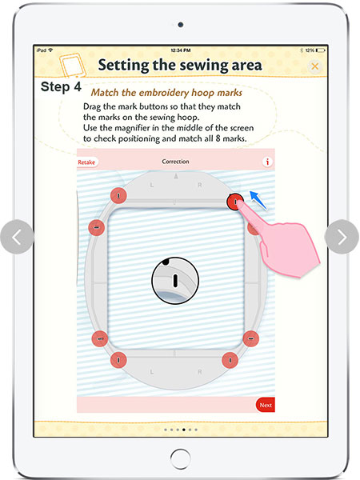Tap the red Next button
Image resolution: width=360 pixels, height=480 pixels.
265,405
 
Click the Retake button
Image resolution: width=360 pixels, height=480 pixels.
87,162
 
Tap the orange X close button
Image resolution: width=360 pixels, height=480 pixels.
314,66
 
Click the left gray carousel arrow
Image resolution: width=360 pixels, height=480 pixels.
17,237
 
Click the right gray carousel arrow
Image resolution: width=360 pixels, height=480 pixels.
342,237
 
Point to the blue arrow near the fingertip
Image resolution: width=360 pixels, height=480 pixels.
258,200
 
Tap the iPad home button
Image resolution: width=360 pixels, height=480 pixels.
180,459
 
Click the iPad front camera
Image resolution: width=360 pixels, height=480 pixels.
181,25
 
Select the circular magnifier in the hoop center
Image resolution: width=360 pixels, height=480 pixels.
175,281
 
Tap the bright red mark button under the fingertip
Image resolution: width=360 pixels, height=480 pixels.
235,202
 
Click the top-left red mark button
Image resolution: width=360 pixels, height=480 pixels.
118,195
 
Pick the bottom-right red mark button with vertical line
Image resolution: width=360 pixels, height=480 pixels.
230,360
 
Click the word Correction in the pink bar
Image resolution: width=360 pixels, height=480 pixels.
175,162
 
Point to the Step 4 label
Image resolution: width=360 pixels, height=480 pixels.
61,87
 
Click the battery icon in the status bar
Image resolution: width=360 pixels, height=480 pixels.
321,50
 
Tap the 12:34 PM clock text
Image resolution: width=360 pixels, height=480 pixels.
181,50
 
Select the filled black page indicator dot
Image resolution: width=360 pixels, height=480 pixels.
184,430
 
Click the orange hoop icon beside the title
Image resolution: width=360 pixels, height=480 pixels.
72,66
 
